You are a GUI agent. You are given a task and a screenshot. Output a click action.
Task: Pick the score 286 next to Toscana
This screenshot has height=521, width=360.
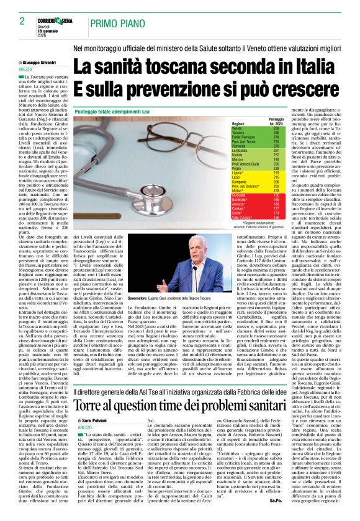(x=276, y=132)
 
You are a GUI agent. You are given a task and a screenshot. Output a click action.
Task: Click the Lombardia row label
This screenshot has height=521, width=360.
(x=240, y=150)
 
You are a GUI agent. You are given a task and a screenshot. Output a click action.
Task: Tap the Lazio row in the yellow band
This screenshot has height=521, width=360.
(x=236, y=178)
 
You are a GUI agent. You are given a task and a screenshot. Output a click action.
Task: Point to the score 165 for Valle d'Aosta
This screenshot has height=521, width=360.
(x=276, y=218)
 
